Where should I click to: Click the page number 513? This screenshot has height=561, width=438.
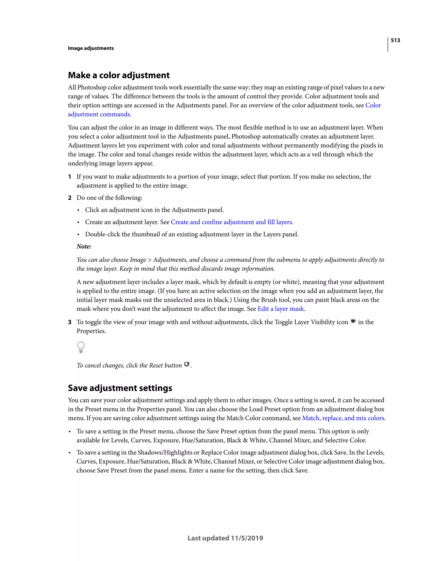pos(395,40)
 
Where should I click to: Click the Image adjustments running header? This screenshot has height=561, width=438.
pos(91,48)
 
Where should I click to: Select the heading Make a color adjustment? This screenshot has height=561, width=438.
pos(118,75)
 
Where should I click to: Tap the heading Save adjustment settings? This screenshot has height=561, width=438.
pos(120,388)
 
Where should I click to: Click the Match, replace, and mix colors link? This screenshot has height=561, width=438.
pos(343,418)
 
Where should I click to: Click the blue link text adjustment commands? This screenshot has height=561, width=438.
pos(99,114)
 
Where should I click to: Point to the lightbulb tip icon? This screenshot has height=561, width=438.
pos(81,347)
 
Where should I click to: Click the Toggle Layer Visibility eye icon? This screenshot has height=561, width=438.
pos(353,321)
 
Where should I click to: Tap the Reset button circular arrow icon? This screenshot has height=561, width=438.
pos(187,364)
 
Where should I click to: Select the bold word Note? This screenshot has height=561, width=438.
pos(84,247)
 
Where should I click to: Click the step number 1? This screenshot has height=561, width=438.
pos(70,177)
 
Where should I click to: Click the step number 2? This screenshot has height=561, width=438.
pos(70,198)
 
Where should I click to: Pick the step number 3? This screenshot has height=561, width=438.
pos(70,322)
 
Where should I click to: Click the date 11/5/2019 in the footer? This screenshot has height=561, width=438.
pos(247,538)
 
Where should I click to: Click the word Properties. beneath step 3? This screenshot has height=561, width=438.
pos(91,331)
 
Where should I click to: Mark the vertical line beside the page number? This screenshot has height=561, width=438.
pos(388,44)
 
